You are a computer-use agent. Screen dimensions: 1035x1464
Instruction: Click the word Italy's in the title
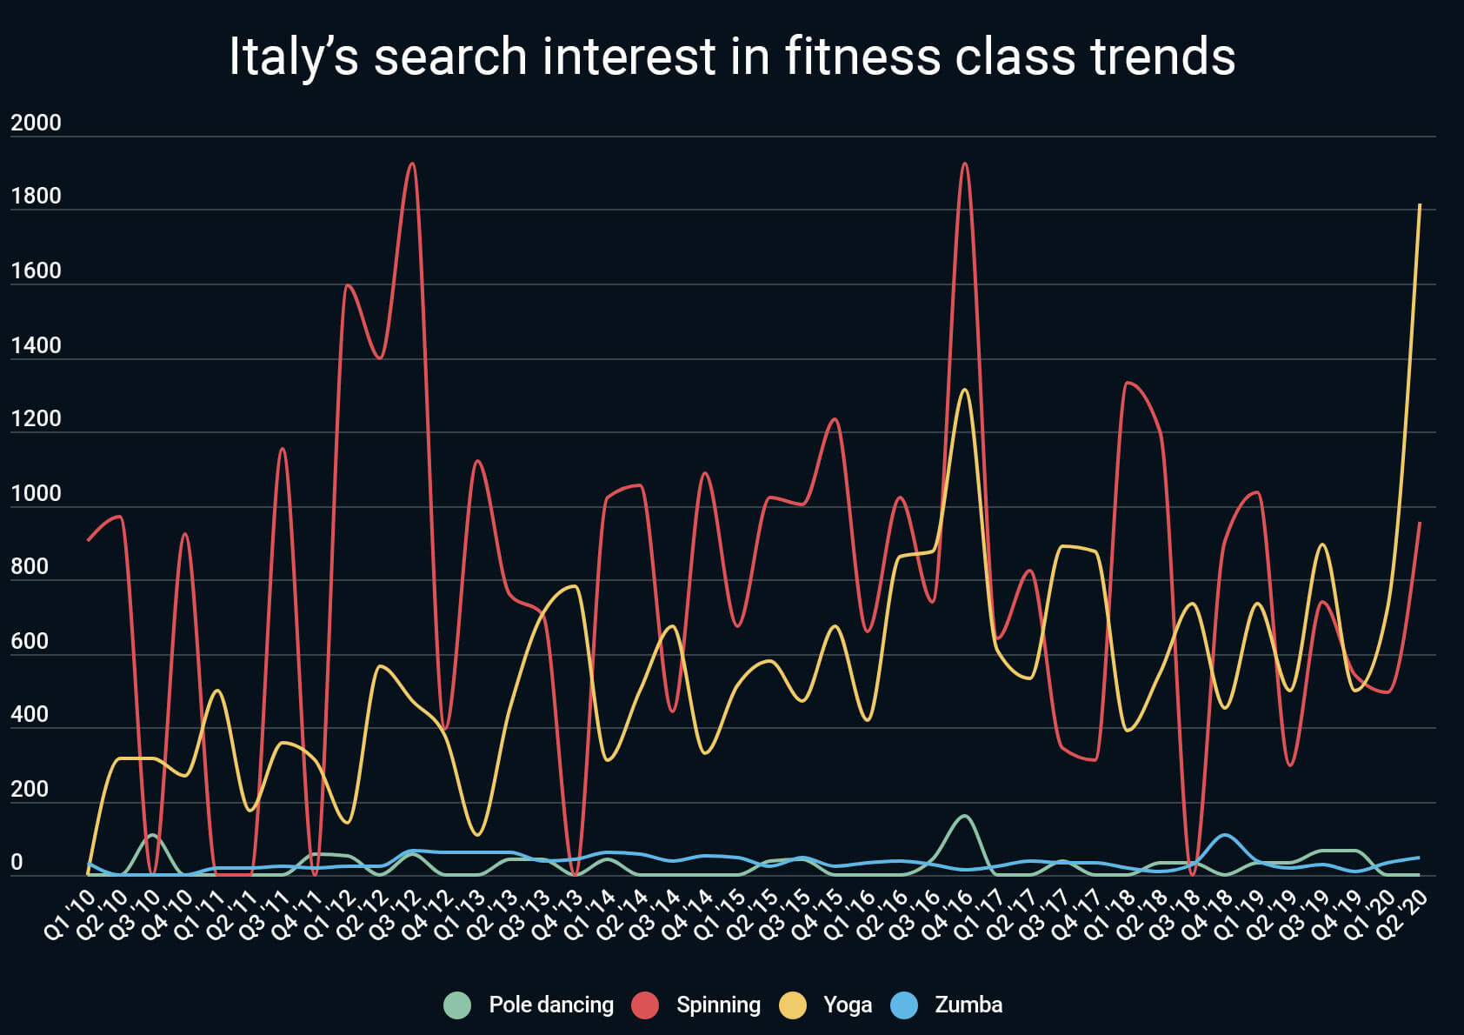pos(293,57)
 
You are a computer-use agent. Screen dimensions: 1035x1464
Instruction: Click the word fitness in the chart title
pos(863,57)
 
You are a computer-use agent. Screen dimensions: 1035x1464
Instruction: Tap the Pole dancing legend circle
pos(457,1005)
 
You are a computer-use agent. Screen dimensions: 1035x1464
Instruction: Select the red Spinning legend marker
pos(645,1005)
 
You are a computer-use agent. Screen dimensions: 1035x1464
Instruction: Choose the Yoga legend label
pos(847,1005)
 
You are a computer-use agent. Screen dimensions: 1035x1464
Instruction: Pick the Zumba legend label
pos(968,1005)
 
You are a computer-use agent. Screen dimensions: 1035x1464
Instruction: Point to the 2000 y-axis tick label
pos(36,123)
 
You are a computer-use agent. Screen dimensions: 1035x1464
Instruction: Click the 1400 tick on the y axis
pos(36,345)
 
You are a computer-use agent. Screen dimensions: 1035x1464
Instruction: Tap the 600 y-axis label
pos(30,641)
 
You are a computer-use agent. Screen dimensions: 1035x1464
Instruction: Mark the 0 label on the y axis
pos(17,863)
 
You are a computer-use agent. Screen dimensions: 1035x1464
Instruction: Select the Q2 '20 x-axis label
pos(1404,915)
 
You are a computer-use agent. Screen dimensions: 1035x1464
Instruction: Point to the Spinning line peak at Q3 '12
pos(412,164)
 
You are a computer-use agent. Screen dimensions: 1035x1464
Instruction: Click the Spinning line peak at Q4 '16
pos(964,164)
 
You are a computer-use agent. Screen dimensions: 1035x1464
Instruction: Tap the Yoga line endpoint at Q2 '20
pos(1419,205)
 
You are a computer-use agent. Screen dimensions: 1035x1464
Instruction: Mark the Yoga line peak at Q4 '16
pos(964,390)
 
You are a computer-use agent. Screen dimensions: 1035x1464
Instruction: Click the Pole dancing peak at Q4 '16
pos(964,816)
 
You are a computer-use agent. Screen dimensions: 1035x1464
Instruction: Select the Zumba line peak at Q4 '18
pos(1224,835)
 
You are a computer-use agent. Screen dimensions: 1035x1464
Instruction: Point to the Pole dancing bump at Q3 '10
pos(152,835)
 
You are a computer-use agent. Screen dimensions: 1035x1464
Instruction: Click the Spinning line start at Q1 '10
pos(88,540)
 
